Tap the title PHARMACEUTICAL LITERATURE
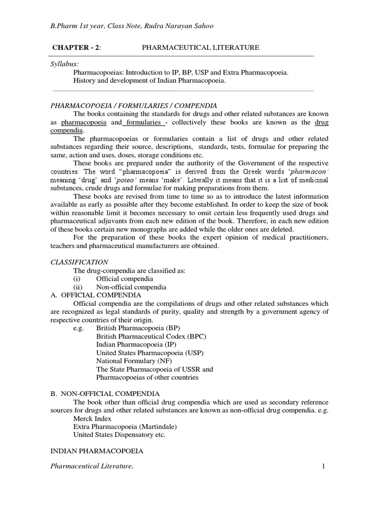pyautogui.click(x=200, y=47)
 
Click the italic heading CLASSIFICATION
pyautogui.click(x=80, y=262)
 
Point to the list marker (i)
pyautogui.click(x=77, y=279)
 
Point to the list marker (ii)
pyautogui.click(x=78, y=287)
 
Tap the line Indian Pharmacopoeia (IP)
pyautogui.click(x=131, y=344)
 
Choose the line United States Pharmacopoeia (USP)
pyautogui.click(x=150, y=353)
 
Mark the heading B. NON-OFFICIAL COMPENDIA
pyautogui.click(x=105, y=394)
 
